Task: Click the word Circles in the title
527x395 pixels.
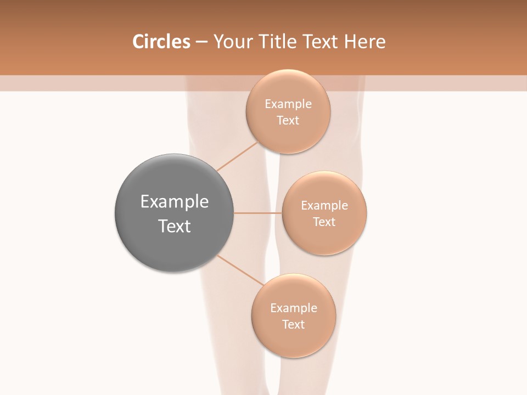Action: tap(161, 42)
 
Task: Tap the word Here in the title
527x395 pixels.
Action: tap(365, 42)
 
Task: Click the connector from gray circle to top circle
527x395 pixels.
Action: tap(237, 156)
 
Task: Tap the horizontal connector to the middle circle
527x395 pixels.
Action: tap(258, 213)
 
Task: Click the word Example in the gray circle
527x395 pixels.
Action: tap(175, 202)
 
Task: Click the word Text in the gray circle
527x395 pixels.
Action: tap(175, 226)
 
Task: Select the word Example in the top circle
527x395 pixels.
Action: tap(288, 104)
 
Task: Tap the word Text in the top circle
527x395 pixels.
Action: tap(288, 121)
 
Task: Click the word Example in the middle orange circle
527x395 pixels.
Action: tap(324, 206)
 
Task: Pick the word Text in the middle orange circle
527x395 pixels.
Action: tap(324, 222)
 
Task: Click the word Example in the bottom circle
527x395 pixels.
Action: tap(293, 308)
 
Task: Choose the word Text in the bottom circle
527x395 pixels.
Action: tap(293, 325)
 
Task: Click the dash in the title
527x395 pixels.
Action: tap(201, 42)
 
